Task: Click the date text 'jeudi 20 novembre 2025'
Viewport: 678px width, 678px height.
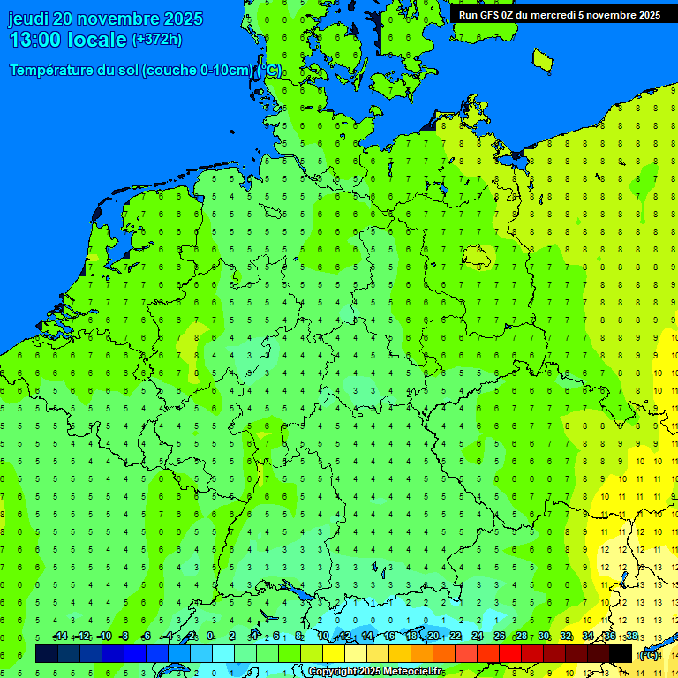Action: (x=105, y=19)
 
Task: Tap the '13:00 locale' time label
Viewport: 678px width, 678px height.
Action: (x=69, y=40)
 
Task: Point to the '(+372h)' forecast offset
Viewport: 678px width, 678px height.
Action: (x=156, y=40)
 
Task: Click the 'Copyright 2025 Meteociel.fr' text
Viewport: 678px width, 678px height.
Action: (x=374, y=672)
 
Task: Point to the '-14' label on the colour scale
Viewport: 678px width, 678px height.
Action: (x=60, y=637)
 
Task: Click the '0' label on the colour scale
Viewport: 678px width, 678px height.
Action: (x=210, y=637)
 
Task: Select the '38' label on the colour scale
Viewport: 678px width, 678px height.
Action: (x=632, y=637)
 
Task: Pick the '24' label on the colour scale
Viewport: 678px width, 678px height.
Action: (x=478, y=637)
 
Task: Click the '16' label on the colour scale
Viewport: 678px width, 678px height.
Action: (x=389, y=637)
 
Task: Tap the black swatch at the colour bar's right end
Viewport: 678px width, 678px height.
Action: (x=621, y=654)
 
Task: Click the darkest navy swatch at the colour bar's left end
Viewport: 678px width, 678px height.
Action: (x=47, y=654)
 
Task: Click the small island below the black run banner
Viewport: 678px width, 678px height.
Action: (x=542, y=59)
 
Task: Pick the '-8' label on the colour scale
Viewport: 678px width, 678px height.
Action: (x=124, y=637)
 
